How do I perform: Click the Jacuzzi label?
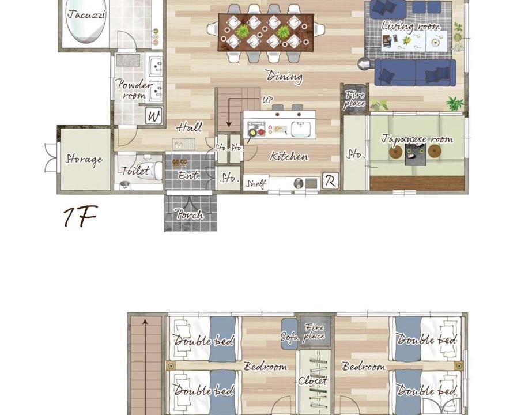click(x=86, y=15)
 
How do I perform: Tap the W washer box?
click(x=154, y=116)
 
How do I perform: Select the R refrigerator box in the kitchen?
click(x=330, y=181)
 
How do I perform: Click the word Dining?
click(x=285, y=76)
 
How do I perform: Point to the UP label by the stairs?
click(x=267, y=99)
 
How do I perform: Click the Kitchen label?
click(x=289, y=156)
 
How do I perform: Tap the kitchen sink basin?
click(x=301, y=130)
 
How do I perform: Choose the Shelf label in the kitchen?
click(x=256, y=183)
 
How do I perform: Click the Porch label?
click(x=190, y=214)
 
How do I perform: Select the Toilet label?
click(x=135, y=171)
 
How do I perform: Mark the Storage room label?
click(x=84, y=159)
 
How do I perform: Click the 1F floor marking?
click(x=81, y=216)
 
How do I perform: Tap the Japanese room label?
click(x=417, y=138)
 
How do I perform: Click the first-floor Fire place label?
click(x=354, y=99)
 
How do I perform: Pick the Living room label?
click(x=411, y=27)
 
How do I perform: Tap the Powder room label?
click(x=134, y=89)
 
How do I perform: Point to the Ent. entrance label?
click(x=189, y=175)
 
